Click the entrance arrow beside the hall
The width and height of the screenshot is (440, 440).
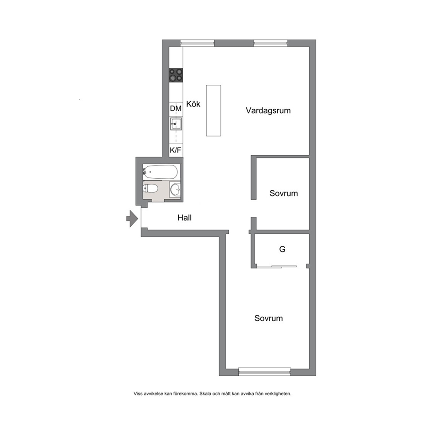(x=132, y=218)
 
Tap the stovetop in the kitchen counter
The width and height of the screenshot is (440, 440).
(x=176, y=75)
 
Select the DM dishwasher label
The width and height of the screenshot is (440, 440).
(x=176, y=108)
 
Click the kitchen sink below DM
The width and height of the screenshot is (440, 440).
(x=176, y=124)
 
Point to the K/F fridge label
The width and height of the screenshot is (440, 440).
(x=175, y=150)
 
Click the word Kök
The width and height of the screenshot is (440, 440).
(x=193, y=104)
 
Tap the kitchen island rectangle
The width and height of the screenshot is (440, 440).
(x=213, y=110)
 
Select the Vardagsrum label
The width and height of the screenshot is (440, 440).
(x=268, y=110)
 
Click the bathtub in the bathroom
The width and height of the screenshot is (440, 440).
(x=160, y=172)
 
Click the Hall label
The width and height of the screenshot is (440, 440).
(x=185, y=217)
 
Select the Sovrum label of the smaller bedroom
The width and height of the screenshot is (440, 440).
(x=283, y=193)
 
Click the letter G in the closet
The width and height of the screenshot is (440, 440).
(x=282, y=249)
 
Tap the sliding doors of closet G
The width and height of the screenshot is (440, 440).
(x=277, y=267)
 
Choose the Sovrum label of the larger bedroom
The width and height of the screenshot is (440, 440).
(x=268, y=318)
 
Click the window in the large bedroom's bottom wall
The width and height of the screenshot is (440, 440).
(x=264, y=372)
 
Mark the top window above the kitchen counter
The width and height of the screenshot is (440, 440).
(x=197, y=43)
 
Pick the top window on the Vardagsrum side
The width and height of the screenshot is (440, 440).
(x=271, y=43)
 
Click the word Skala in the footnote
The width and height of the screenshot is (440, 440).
(x=205, y=394)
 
